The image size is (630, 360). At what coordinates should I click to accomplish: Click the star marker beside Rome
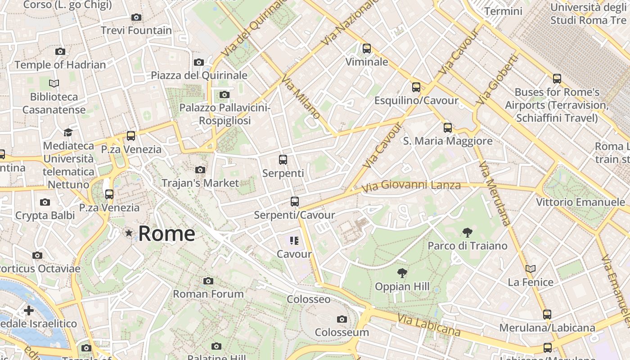pyautogui.click(x=129, y=233)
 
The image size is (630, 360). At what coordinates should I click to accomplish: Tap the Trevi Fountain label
pyautogui.click(x=136, y=31)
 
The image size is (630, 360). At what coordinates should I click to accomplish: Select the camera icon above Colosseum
pyautogui.click(x=342, y=319)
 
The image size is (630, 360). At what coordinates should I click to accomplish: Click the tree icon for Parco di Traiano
pyautogui.click(x=468, y=232)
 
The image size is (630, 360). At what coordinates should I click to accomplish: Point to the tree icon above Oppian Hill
pyautogui.click(x=402, y=273)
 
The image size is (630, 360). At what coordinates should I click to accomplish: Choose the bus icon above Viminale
pyautogui.click(x=367, y=48)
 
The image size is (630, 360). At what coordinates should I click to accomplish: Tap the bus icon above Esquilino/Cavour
pyautogui.click(x=416, y=87)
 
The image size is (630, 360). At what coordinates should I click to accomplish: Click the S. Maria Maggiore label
pyautogui.click(x=447, y=141)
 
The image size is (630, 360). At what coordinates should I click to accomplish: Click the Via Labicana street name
pyautogui.click(x=429, y=325)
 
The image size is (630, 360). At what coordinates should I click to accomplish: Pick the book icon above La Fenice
pyautogui.click(x=531, y=269)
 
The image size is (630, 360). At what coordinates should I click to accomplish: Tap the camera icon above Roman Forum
pyautogui.click(x=208, y=281)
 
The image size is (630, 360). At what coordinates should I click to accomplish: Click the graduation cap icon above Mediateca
pyautogui.click(x=68, y=132)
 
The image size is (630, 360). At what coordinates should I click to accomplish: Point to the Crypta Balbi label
pyautogui.click(x=45, y=216)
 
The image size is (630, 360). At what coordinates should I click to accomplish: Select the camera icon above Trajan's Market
pyautogui.click(x=200, y=170)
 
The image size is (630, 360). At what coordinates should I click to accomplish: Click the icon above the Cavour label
pyautogui.click(x=294, y=241)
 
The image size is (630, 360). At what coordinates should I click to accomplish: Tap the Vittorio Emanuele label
pyautogui.click(x=580, y=202)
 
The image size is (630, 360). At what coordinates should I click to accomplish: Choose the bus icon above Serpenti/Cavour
pyautogui.click(x=295, y=201)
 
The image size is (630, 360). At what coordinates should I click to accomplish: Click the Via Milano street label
pyautogui.click(x=300, y=97)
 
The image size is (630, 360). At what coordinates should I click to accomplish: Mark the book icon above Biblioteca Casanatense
pyautogui.click(x=54, y=83)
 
